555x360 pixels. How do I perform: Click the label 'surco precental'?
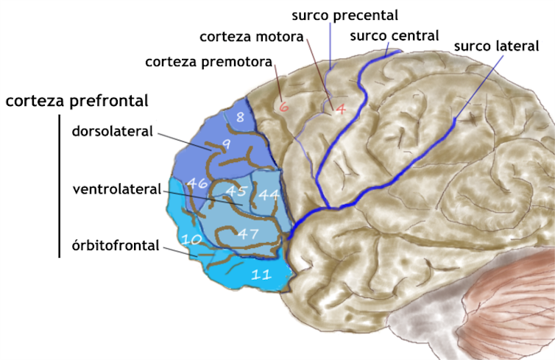pyautogui.click(x=344, y=15)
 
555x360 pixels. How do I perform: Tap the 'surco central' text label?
pyautogui.click(x=395, y=35)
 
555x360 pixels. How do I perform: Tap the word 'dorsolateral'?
pyautogui.click(x=112, y=132)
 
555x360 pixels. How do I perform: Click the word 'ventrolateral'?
pyautogui.click(x=116, y=189)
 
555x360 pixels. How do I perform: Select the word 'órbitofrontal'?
pyautogui.click(x=116, y=245)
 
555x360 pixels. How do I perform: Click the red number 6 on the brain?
pyautogui.click(x=283, y=106)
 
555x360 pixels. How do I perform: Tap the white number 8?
pyautogui.click(x=240, y=116)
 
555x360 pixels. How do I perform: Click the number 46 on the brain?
pyautogui.click(x=197, y=183)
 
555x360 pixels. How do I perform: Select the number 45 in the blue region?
pyautogui.click(x=235, y=192)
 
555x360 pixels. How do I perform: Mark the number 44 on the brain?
pyautogui.click(x=268, y=195)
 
